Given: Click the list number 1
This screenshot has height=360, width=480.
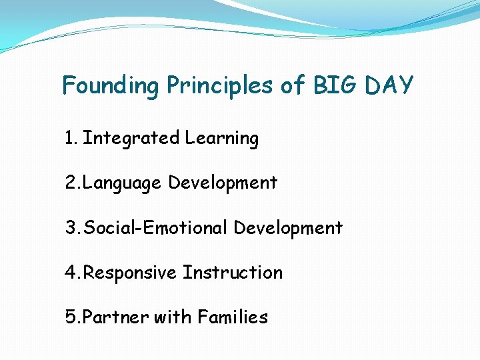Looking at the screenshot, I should pos(70,138).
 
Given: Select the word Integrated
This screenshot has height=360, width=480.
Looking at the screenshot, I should pos(131,138).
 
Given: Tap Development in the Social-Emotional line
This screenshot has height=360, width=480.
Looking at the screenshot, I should pos(288,229).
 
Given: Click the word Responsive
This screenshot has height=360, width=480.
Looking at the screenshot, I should pos(131,273).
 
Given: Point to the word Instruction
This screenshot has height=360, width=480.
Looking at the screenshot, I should pos(233,273).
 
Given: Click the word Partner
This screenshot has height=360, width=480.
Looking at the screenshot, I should pos(114,317).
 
